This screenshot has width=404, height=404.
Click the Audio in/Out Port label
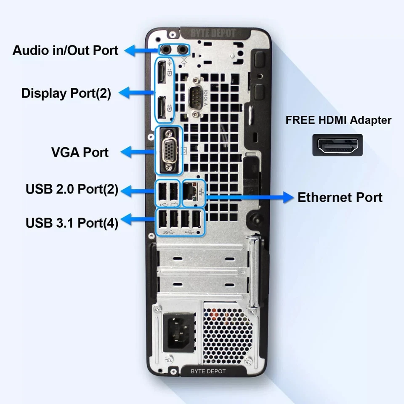[65, 50]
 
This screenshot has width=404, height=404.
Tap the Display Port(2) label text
[66, 93]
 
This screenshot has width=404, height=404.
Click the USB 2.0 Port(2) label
[72, 189]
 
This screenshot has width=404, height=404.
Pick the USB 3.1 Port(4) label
[72, 222]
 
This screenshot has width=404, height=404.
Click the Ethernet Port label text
[340, 197]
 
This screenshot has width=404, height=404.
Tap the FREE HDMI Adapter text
[338, 120]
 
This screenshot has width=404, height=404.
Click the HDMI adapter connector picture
[338, 145]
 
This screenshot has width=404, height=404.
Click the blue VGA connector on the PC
[169, 150]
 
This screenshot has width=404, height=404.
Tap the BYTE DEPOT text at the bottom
[208, 371]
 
